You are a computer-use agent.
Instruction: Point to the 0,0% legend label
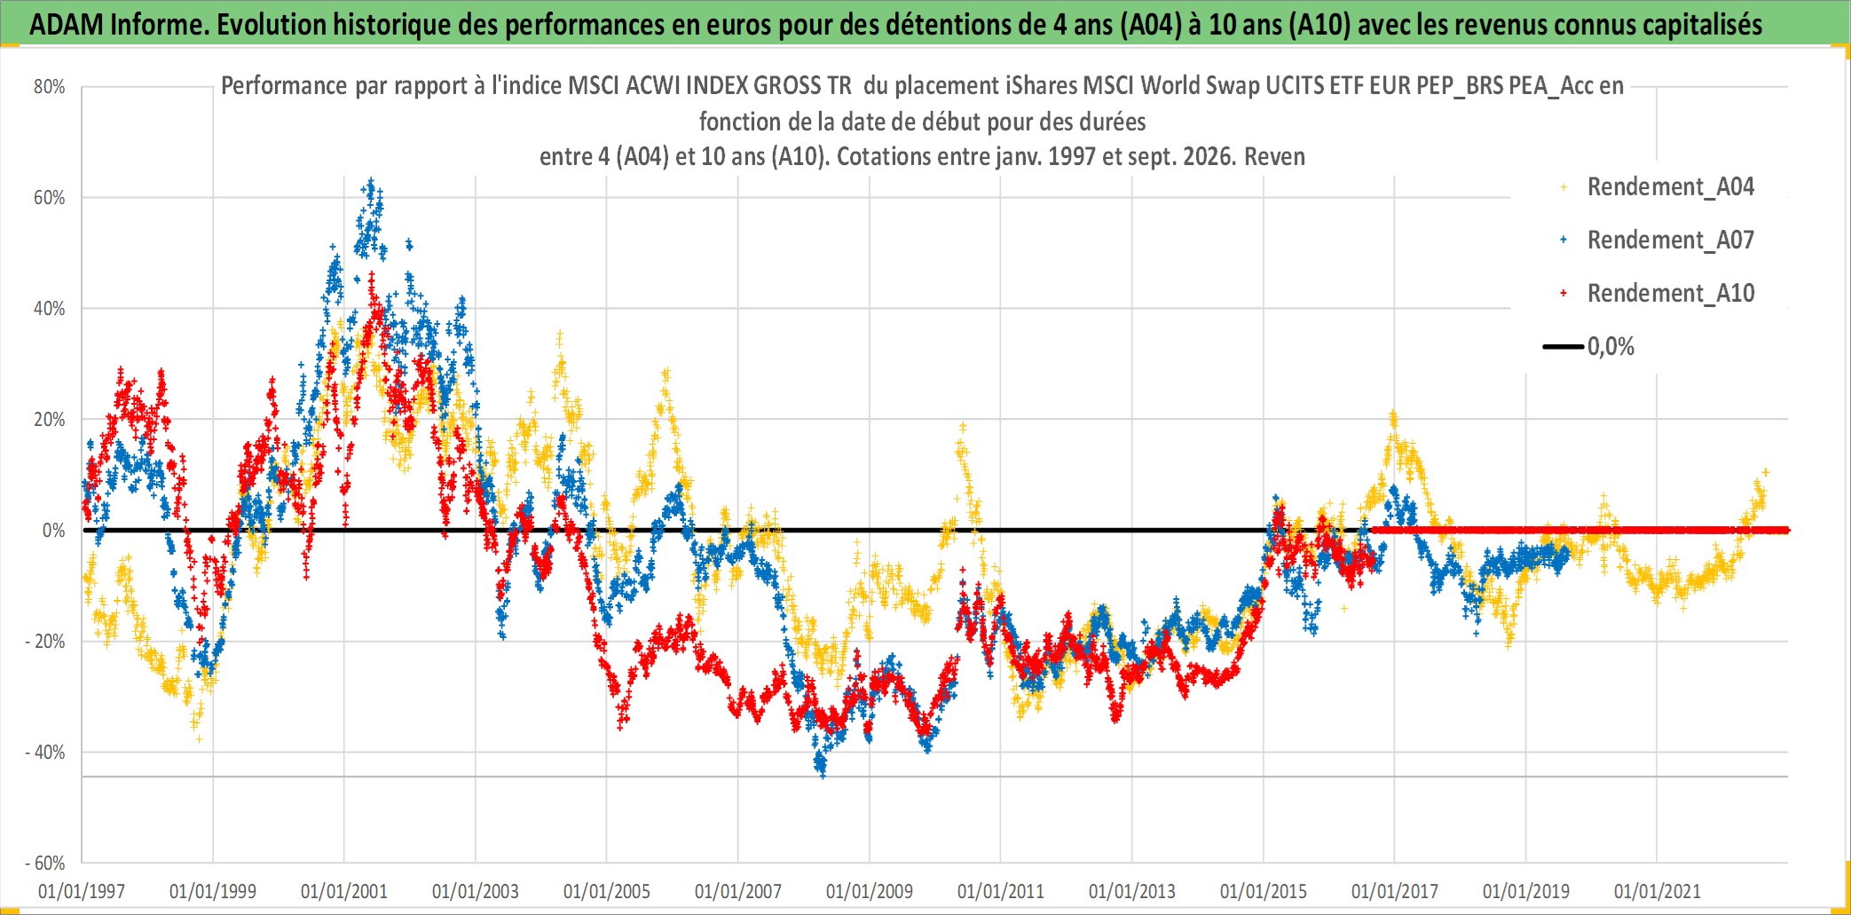pyautogui.click(x=1611, y=347)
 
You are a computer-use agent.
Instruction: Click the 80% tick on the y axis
pyautogui.click(x=50, y=87)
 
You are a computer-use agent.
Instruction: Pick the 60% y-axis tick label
pyautogui.click(x=50, y=198)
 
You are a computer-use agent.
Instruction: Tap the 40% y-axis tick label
pyautogui.click(x=50, y=309)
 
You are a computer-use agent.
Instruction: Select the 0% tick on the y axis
pyautogui.click(x=54, y=531)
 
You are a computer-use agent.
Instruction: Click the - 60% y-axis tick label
pyautogui.click(x=45, y=864)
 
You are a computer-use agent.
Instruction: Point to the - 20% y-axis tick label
pyautogui.click(x=45, y=642)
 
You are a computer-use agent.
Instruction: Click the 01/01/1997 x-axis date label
pyautogui.click(x=82, y=891)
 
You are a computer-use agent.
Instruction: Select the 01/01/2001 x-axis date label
pyautogui.click(x=344, y=891)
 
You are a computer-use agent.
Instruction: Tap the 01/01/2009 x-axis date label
pyautogui.click(x=870, y=891)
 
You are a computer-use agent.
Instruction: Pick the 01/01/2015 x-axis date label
pyautogui.click(x=1264, y=891)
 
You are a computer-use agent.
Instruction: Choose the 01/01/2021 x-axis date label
pyautogui.click(x=1658, y=891)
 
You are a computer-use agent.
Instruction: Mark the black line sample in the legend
pyautogui.click(x=1564, y=347)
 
